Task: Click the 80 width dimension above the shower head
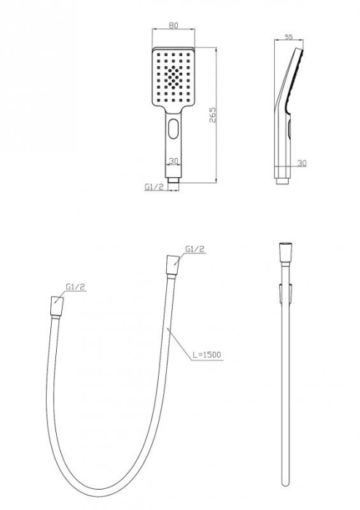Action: point(174,25)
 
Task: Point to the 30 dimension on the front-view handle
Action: point(173,162)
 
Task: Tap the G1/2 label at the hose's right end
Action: point(194,249)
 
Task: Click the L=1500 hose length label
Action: point(207,355)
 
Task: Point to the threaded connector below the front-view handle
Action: point(173,178)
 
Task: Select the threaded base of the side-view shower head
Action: point(283,177)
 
